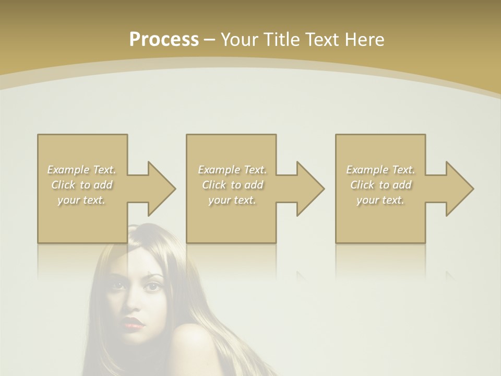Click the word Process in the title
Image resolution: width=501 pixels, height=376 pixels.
(x=164, y=40)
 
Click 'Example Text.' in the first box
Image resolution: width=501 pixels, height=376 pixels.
(x=82, y=170)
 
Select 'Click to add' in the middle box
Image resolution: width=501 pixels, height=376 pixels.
(x=232, y=185)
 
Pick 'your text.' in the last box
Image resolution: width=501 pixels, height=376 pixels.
(x=380, y=200)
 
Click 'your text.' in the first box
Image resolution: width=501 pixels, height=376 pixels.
(x=82, y=200)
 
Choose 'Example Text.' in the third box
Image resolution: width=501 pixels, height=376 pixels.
(x=380, y=170)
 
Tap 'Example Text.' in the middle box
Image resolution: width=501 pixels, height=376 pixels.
(x=232, y=170)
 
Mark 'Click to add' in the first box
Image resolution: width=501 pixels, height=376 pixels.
(x=82, y=185)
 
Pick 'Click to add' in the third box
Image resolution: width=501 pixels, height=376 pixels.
(x=380, y=185)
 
